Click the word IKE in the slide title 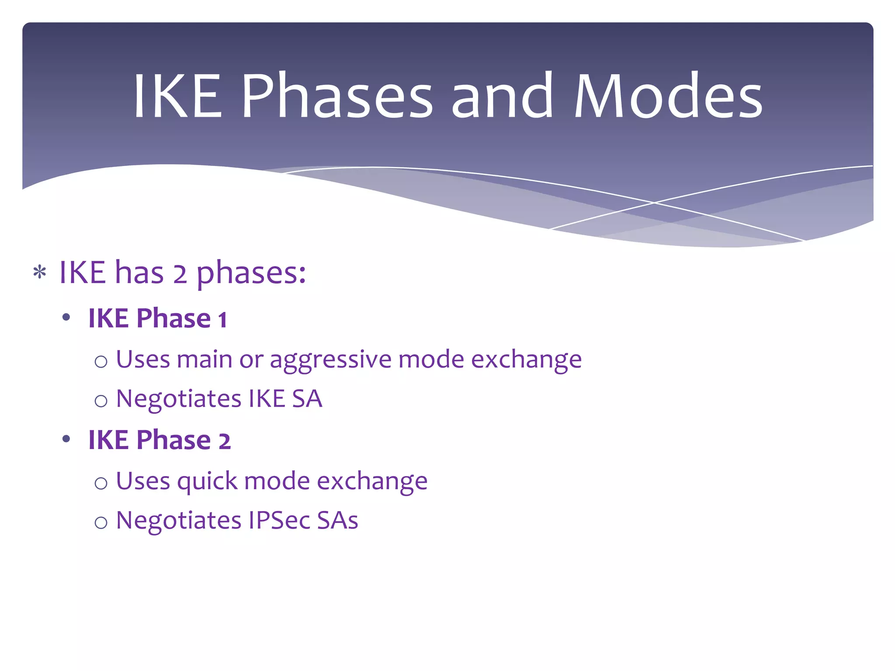pos(177,96)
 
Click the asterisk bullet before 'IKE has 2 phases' pos(40,273)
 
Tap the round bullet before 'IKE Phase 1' pos(66,318)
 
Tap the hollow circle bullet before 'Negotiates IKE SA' pos(101,401)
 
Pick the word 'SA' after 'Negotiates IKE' pos(307,399)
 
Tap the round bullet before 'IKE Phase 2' pos(66,439)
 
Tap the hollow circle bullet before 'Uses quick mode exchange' pos(101,483)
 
